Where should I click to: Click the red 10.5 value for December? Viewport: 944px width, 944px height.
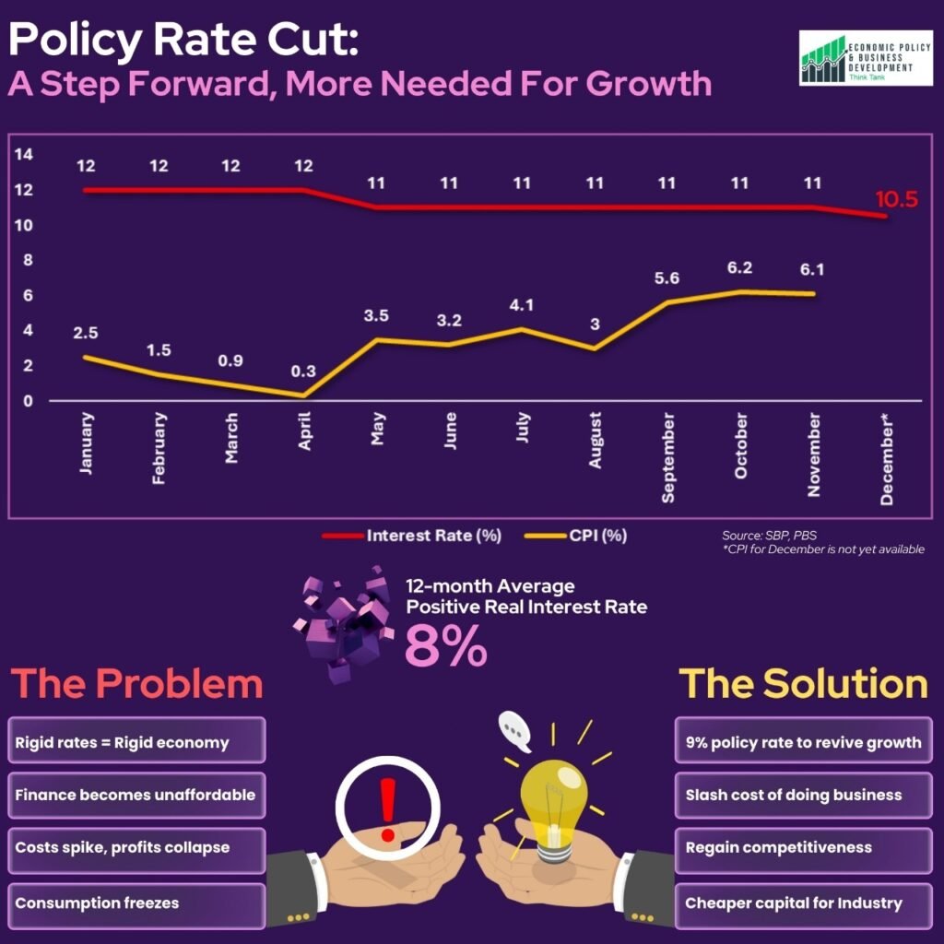(x=896, y=198)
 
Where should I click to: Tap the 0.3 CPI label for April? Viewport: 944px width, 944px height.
(x=303, y=372)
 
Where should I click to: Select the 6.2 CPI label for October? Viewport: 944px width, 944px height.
(x=739, y=268)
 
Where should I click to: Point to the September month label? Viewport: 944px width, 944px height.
(x=667, y=458)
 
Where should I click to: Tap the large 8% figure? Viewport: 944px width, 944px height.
(x=445, y=646)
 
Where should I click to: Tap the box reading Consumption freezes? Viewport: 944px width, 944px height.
(x=136, y=903)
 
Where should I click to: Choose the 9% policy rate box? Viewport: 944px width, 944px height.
(x=803, y=742)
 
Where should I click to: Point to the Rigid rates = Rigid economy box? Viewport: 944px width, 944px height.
(x=136, y=742)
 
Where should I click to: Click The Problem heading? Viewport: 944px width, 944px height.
(x=136, y=684)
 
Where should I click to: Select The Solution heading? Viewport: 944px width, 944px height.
(x=803, y=684)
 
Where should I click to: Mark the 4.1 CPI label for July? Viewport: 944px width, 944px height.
(x=523, y=303)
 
